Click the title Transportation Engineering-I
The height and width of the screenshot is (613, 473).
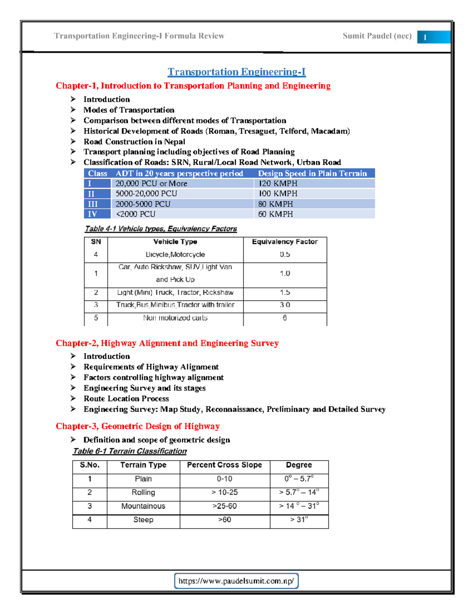pyautogui.click(x=236, y=72)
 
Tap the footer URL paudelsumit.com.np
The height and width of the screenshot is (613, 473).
pyautogui.click(x=236, y=581)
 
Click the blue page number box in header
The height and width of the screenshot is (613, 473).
pyautogui.click(x=434, y=37)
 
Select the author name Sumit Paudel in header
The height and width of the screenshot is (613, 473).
pyautogui.click(x=377, y=36)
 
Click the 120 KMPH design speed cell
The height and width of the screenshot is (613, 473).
pyautogui.click(x=278, y=184)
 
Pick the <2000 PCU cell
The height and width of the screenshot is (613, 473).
pyautogui.click(x=136, y=214)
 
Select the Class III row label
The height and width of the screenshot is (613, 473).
pyautogui.click(x=93, y=204)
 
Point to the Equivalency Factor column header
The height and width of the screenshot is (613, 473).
pyautogui.click(x=285, y=242)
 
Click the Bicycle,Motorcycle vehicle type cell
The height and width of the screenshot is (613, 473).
pyautogui.click(x=175, y=255)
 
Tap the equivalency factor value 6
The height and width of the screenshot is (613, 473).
pyautogui.click(x=285, y=318)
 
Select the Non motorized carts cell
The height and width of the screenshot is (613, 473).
pyautogui.click(x=175, y=318)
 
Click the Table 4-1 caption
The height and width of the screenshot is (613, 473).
pyautogui.click(x=161, y=229)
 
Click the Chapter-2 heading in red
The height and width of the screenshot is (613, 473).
pyautogui.click(x=167, y=343)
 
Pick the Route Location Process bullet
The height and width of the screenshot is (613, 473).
pyautogui.click(x=126, y=399)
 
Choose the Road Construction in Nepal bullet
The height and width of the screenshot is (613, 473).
pyautogui.click(x=134, y=142)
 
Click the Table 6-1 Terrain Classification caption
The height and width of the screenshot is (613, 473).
pyautogui.click(x=130, y=451)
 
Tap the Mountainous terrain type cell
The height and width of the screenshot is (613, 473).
pyautogui.click(x=143, y=506)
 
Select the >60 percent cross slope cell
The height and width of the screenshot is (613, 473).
pyautogui.click(x=224, y=520)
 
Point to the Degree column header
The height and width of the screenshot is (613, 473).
pyautogui.click(x=299, y=465)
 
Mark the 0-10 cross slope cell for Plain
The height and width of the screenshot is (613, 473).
pyautogui.click(x=224, y=479)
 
